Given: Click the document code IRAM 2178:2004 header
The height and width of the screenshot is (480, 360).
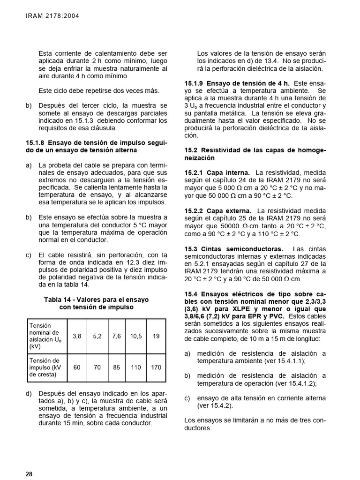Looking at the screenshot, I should pyautogui.click(x=52, y=16).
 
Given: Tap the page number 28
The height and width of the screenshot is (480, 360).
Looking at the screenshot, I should pyautogui.click(x=29, y=474).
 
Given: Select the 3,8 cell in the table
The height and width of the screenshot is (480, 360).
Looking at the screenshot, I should pyautogui.click(x=77, y=336).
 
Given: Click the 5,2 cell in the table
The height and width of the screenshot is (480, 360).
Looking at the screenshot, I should pyautogui.click(x=97, y=336).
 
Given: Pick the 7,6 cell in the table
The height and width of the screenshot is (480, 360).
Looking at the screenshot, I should pyautogui.click(x=117, y=336).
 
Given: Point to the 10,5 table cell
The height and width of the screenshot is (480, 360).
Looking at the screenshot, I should pyautogui.click(x=136, y=336).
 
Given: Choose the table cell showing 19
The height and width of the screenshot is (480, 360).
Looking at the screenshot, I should pyautogui.click(x=156, y=336).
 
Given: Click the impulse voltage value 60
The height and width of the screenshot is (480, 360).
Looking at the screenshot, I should pyautogui.click(x=77, y=367).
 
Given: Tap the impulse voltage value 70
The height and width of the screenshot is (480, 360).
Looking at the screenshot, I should pyautogui.click(x=97, y=367).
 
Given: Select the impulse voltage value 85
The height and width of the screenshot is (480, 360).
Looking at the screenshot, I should pyautogui.click(x=117, y=367).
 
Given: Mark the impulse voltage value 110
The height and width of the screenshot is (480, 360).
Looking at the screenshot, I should pyautogui.click(x=136, y=367).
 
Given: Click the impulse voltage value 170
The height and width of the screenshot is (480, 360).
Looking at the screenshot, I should pyautogui.click(x=156, y=367).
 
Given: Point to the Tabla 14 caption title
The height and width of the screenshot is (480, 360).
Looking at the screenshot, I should pyautogui.click(x=96, y=303).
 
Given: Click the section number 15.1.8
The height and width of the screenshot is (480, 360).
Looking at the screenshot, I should pyautogui.click(x=35, y=142).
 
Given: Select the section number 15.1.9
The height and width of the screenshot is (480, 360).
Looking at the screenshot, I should pyautogui.click(x=194, y=83).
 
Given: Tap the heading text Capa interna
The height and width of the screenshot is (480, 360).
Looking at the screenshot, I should pyautogui.click(x=231, y=173).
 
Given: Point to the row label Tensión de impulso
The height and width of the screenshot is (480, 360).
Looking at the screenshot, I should pyautogui.click(x=45, y=367).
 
